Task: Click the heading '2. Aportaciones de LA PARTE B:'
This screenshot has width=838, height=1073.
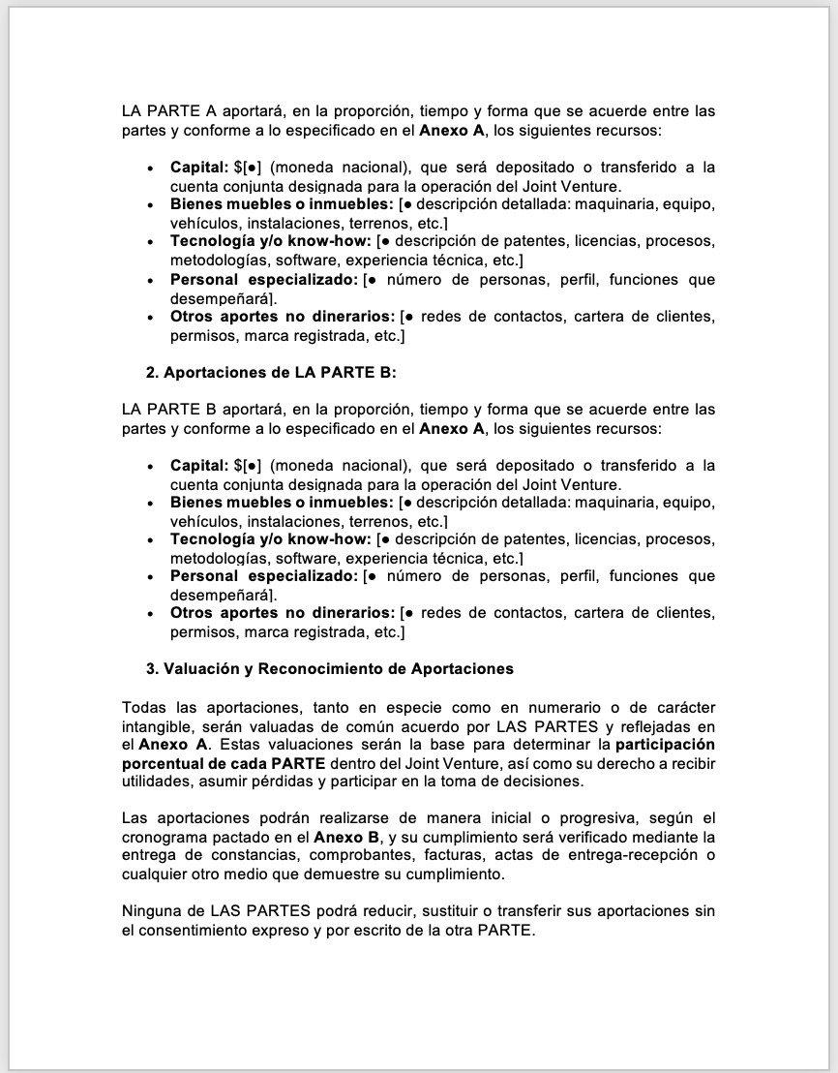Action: pyautogui.click(x=271, y=373)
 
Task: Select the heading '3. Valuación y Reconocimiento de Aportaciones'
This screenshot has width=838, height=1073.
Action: pyautogui.click(x=330, y=669)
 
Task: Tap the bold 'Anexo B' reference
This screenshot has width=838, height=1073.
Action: pyautogui.click(x=342, y=837)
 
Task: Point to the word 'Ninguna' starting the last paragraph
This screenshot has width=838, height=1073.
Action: pyautogui.click(x=151, y=911)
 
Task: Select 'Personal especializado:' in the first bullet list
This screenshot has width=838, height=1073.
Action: pyautogui.click(x=264, y=280)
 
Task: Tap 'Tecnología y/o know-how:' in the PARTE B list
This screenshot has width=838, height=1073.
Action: pyautogui.click(x=271, y=539)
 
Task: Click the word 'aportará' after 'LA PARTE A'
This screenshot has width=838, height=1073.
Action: pyautogui.click(x=251, y=111)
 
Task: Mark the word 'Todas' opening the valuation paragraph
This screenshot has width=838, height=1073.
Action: pyautogui.click(x=143, y=707)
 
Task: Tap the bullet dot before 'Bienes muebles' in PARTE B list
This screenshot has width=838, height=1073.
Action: pyautogui.click(x=149, y=503)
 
